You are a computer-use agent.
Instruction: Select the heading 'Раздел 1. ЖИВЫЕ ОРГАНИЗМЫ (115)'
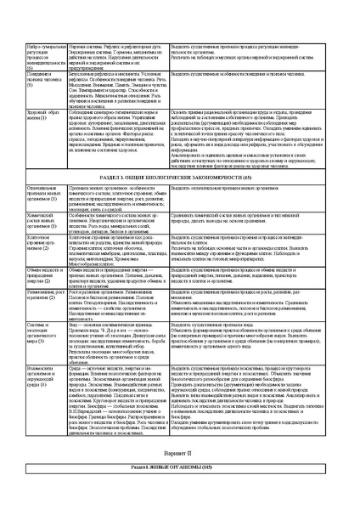(x=180, y=492)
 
